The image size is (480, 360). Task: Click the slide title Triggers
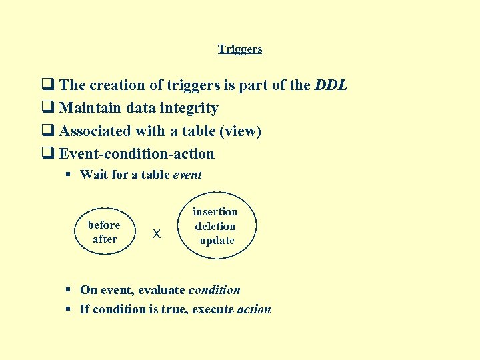tap(240, 49)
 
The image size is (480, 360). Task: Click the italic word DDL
tap(331, 85)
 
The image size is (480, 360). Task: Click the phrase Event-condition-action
tap(137, 154)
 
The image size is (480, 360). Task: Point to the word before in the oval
tap(104, 225)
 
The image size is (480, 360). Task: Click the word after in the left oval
tap(105, 239)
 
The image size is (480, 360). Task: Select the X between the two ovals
tap(157, 234)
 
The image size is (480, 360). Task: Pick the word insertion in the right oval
tap(215, 212)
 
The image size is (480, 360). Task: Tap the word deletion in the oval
tap(215, 226)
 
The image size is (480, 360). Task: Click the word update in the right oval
tap(217, 240)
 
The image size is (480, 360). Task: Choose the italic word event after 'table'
tap(187, 175)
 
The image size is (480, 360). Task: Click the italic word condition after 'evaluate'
tap(214, 290)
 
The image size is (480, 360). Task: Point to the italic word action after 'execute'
tap(254, 309)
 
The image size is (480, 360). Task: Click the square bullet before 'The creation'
tap(47, 85)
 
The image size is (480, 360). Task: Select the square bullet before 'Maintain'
tap(47, 108)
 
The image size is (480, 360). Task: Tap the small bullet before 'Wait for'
tap(69, 175)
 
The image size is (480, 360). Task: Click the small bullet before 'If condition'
tap(69, 309)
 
